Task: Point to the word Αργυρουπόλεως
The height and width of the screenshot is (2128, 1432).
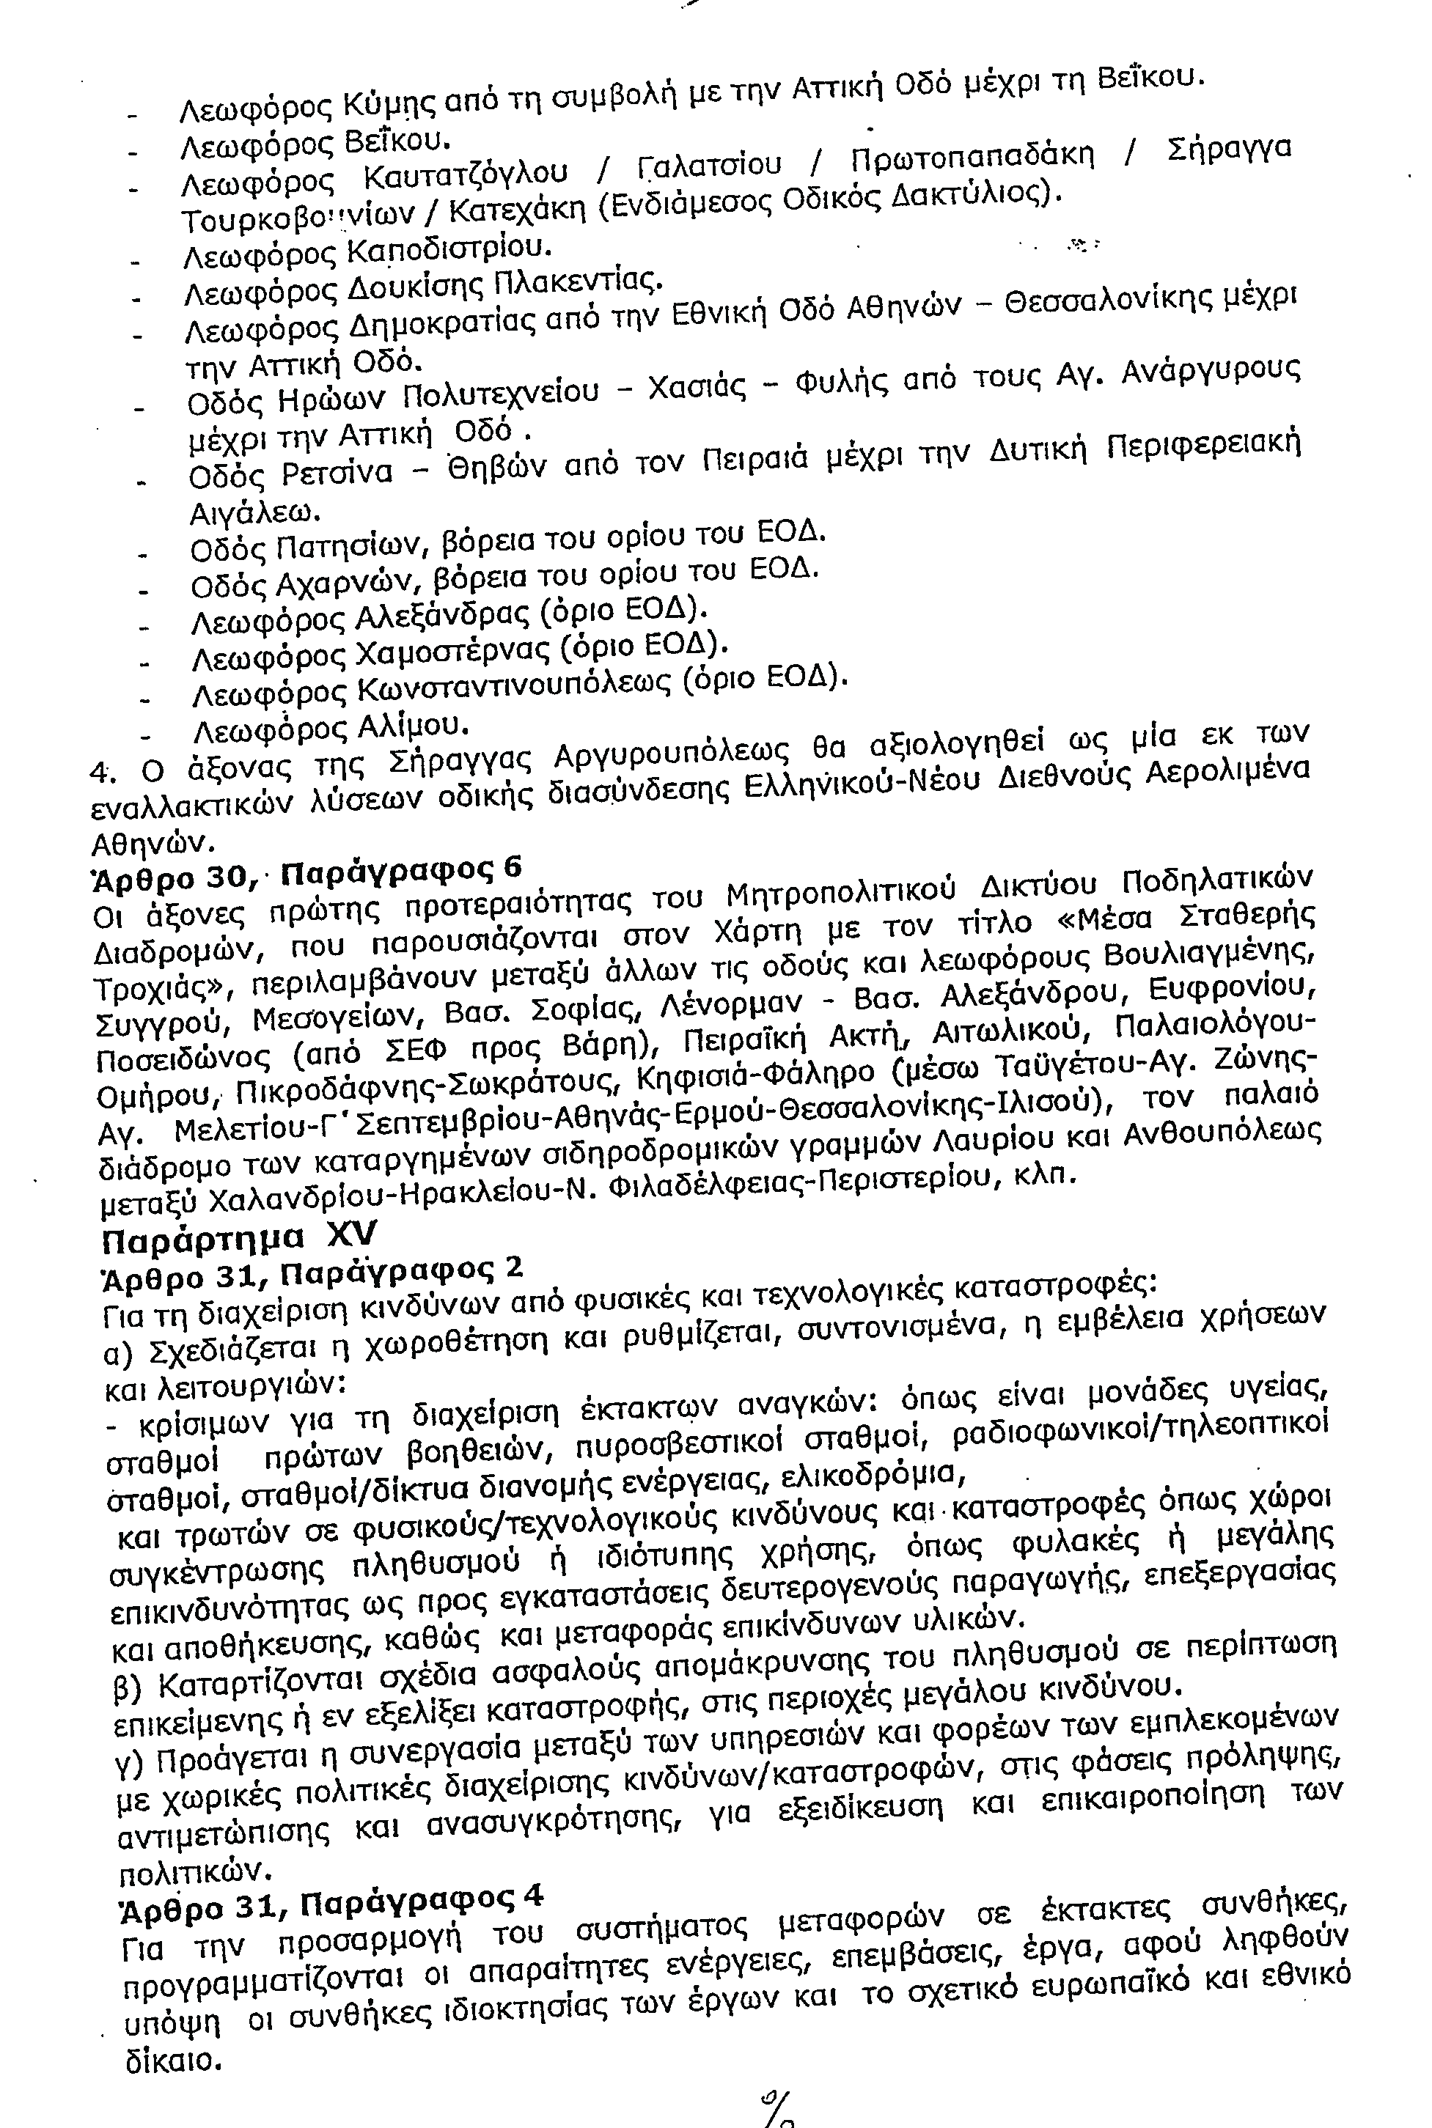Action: pos(670,756)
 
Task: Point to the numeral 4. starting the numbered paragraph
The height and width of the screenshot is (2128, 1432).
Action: pos(100,771)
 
